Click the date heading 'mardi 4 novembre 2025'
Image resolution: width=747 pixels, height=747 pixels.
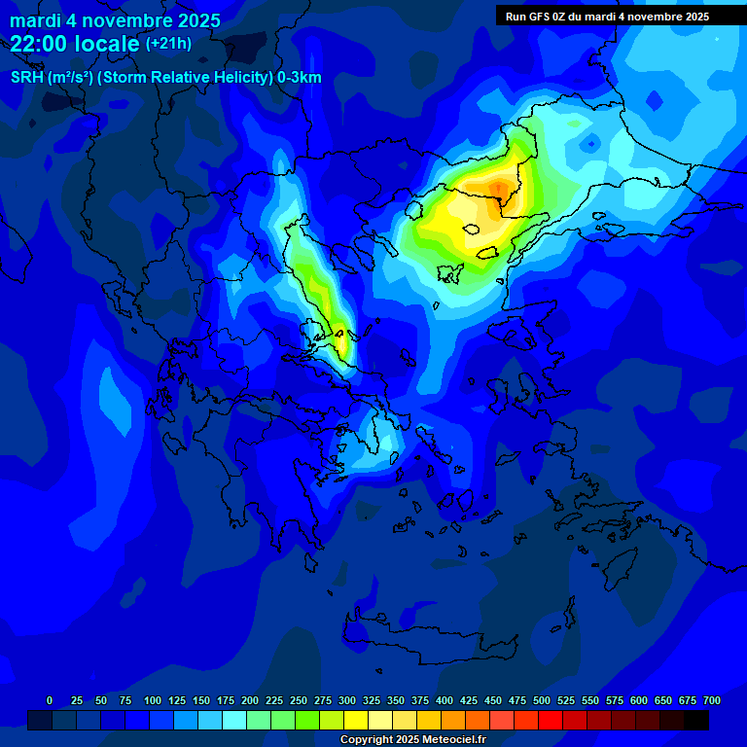click(x=115, y=20)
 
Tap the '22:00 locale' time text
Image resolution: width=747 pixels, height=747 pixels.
click(x=76, y=43)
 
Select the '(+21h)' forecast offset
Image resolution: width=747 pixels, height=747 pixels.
click(x=168, y=44)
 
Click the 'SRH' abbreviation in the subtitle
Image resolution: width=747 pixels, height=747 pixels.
click(x=26, y=78)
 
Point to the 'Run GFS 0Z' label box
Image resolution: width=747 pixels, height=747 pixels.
click(x=607, y=17)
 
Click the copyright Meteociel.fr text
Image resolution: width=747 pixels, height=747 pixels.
click(x=412, y=739)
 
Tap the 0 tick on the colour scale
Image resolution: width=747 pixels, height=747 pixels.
click(x=50, y=700)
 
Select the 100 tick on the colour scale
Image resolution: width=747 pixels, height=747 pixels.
click(x=153, y=700)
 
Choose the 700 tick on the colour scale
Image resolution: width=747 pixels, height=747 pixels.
click(x=711, y=700)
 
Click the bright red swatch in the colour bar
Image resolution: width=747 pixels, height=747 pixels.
click(x=551, y=720)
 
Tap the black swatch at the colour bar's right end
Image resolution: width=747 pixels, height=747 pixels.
click(x=696, y=720)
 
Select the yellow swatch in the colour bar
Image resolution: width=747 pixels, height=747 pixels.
click(x=356, y=720)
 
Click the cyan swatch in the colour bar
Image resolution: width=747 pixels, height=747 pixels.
click(x=234, y=720)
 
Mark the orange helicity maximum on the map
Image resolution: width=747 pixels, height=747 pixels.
click(x=499, y=187)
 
